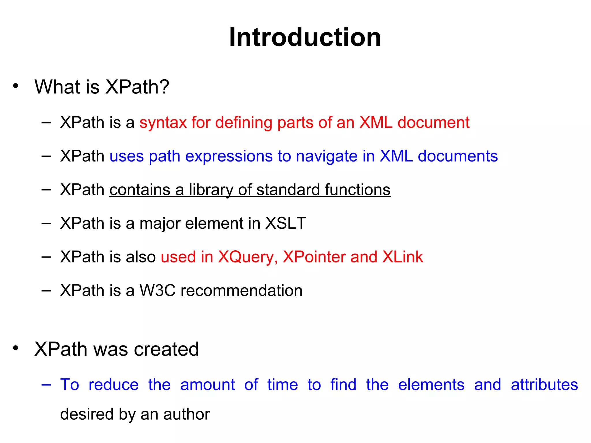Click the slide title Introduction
(x=305, y=37)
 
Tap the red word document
(x=433, y=122)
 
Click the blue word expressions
(x=229, y=156)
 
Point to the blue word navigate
(x=327, y=156)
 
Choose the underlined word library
(x=211, y=190)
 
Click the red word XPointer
(x=314, y=257)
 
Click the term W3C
(x=158, y=290)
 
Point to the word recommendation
(x=241, y=290)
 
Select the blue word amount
(x=207, y=385)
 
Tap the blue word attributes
(x=544, y=385)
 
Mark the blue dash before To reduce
(x=46, y=385)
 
